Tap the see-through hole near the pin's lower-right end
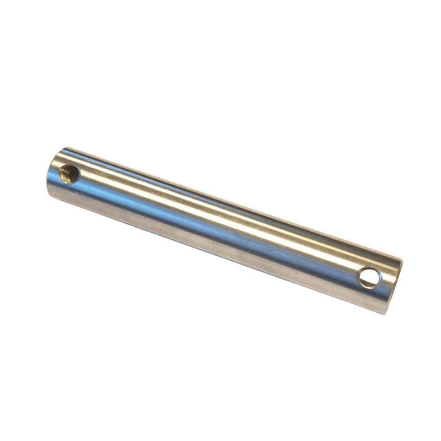[x=369, y=277]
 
